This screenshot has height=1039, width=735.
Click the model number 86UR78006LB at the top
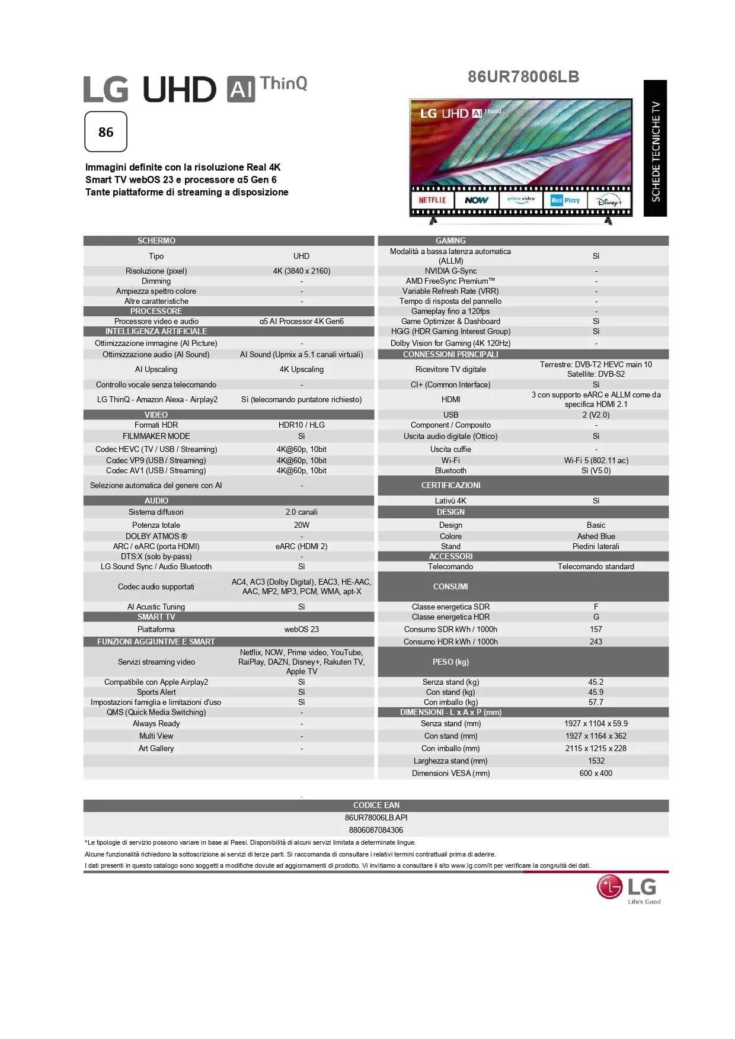[523, 77]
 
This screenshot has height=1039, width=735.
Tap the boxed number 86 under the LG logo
[106, 132]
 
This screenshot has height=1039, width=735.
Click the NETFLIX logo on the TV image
[432, 200]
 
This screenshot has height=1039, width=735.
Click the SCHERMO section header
[156, 240]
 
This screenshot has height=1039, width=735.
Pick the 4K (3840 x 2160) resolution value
[301, 271]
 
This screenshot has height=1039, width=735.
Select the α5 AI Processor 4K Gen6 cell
[301, 321]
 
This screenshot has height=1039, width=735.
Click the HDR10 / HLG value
[301, 425]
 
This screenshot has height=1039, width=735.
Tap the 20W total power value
[301, 525]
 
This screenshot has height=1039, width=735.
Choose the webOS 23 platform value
[301, 629]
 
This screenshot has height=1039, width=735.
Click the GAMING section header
[450, 240]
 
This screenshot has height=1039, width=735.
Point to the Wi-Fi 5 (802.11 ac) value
[596, 460]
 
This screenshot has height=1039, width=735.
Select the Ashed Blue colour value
[596, 536]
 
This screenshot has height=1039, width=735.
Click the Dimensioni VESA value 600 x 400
[596, 773]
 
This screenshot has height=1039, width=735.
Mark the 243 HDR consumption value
[596, 642]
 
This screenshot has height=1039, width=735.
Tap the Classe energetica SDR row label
[450, 607]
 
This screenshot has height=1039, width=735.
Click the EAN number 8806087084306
[376, 830]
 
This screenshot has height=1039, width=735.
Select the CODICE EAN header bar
[376, 805]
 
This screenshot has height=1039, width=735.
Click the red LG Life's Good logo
[628, 889]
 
